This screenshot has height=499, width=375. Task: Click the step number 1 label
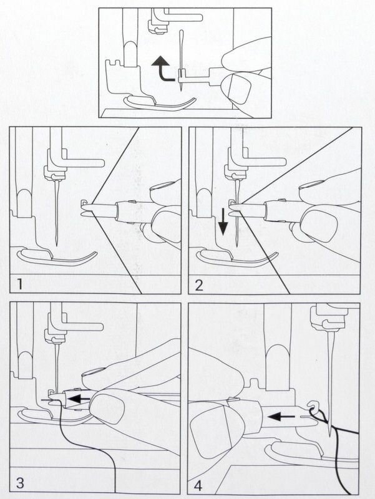point(20,284)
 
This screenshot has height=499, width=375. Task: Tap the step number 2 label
point(198,285)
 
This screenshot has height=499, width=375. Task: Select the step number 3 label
point(20,483)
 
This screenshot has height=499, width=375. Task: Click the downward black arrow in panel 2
point(223,221)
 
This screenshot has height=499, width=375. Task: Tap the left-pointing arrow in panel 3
point(78,399)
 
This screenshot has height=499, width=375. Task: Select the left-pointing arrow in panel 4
point(281,416)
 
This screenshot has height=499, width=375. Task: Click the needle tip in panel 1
point(56,245)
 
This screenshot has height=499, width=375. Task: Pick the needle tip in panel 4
point(331,435)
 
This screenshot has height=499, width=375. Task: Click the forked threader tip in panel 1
point(87,208)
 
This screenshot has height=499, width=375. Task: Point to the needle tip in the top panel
point(181,90)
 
